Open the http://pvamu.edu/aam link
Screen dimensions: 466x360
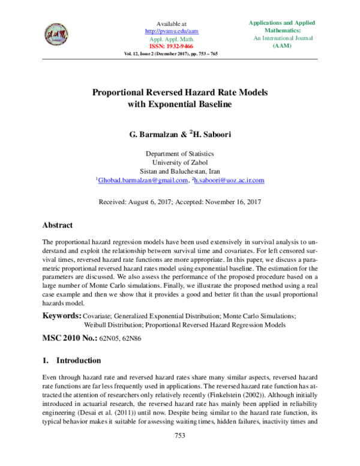coord(172,30)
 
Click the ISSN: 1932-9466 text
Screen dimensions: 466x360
coord(172,46)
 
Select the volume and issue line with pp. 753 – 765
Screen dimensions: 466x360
coord(171,53)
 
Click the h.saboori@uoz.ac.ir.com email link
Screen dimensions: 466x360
coord(230,180)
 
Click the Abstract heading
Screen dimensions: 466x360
coord(58,225)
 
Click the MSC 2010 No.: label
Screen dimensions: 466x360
coord(69,339)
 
